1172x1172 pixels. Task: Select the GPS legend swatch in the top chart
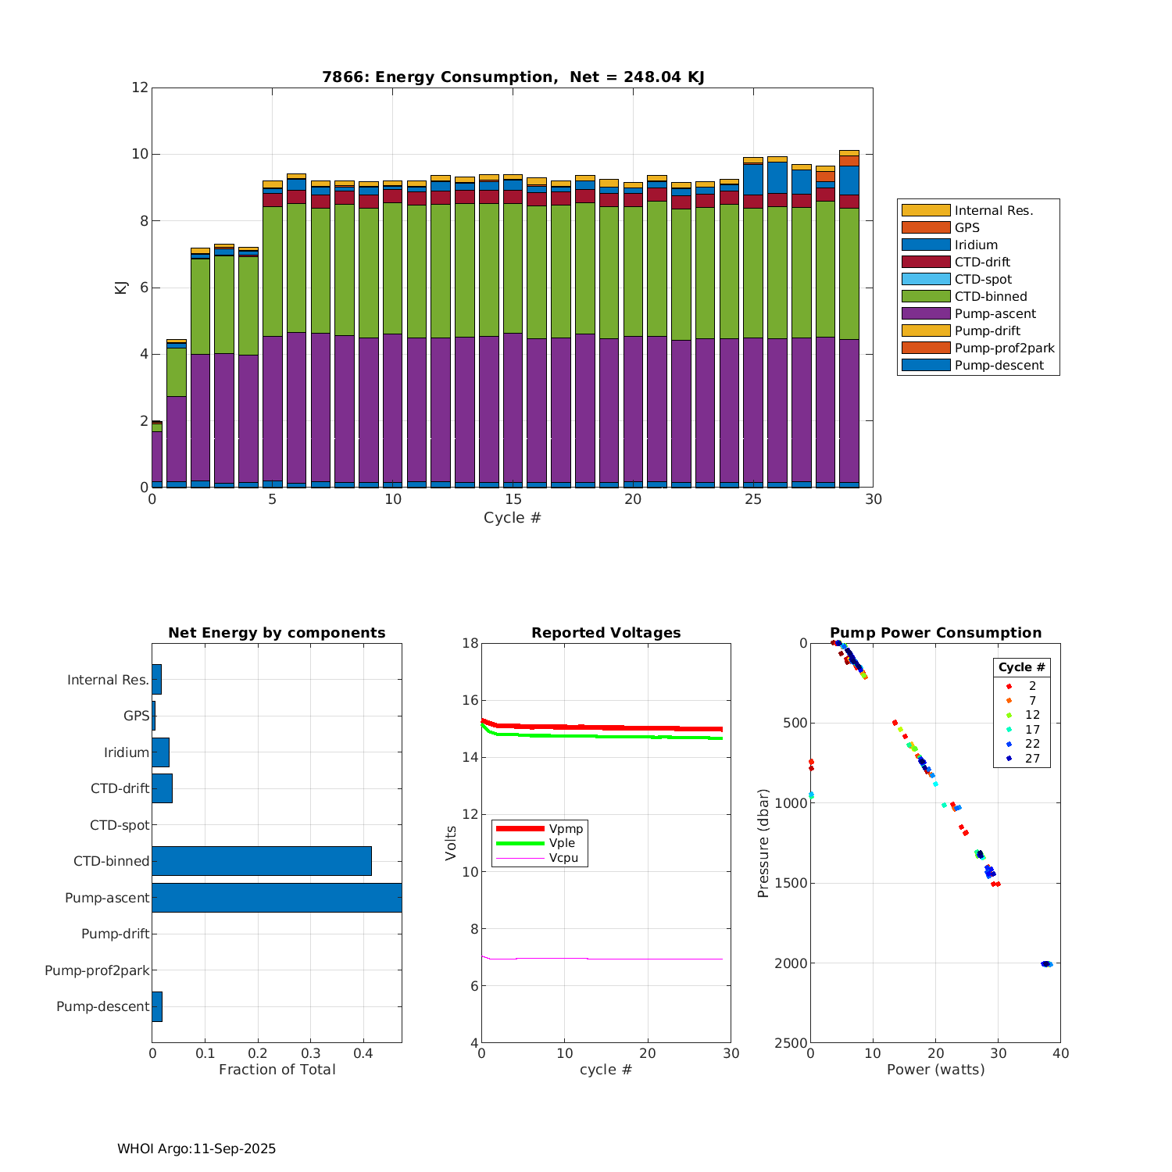click(926, 227)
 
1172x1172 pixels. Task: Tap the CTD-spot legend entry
click(983, 279)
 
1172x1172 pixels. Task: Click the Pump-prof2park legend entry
click(1004, 348)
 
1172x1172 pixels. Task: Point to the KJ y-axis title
click(121, 287)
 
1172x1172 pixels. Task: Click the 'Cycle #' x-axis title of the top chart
click(512, 517)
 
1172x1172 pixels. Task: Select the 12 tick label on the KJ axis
click(140, 87)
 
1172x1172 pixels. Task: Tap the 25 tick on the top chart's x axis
click(752, 499)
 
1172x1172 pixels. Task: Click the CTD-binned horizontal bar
click(262, 861)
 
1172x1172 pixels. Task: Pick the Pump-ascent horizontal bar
click(277, 898)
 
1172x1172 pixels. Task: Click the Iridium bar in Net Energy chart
click(160, 752)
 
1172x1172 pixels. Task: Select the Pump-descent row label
click(102, 1006)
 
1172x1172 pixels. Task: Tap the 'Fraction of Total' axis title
click(277, 1069)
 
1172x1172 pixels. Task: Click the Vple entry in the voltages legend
click(562, 843)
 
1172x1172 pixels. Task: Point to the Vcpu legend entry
click(563, 858)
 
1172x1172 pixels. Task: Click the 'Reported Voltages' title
click(606, 633)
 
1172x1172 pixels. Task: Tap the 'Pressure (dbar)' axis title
click(763, 842)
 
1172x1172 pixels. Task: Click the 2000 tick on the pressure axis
click(790, 963)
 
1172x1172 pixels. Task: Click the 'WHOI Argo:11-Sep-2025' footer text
click(196, 1149)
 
